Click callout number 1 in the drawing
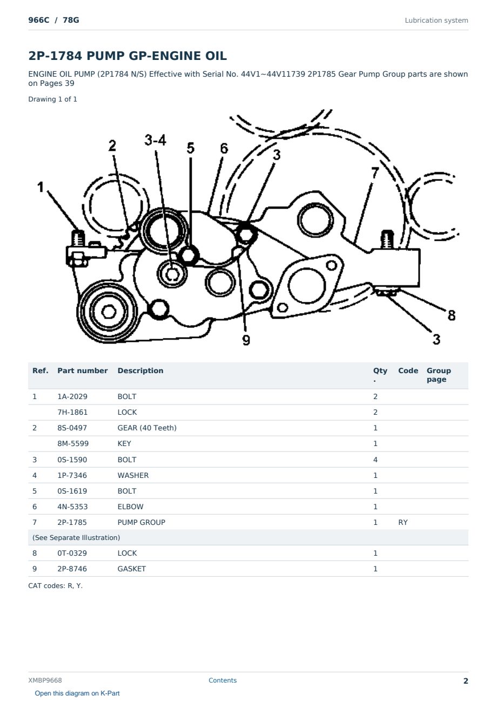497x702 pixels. tap(41, 187)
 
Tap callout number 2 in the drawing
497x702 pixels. tap(112, 146)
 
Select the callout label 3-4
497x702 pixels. tap(155, 140)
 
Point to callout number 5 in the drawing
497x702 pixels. tap(191, 148)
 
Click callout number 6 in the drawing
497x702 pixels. tap(224, 148)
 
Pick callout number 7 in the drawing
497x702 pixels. tap(375, 173)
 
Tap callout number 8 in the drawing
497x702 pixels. tap(452, 315)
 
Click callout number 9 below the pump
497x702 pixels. tap(246, 340)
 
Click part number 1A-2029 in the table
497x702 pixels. tap(72, 396)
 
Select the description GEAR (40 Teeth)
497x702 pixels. tap(147, 428)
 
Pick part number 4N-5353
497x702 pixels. tap(72, 507)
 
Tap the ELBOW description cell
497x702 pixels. tap(130, 507)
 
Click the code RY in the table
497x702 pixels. tap(403, 522)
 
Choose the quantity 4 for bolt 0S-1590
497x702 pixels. tap(375, 460)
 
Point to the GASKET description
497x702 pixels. tap(132, 569)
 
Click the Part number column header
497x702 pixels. tap(83, 371)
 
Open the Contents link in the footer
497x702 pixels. tap(223, 680)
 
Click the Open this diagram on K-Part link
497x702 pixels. tap(77, 693)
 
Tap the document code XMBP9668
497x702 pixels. tap(45, 680)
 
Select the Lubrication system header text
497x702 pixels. tap(436, 21)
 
